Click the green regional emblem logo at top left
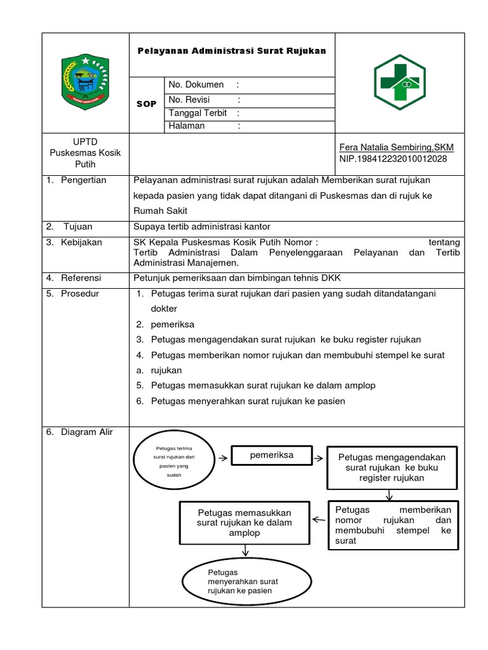point(85,81)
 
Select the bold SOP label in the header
point(146,103)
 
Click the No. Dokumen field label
point(196,84)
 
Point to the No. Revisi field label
point(191,100)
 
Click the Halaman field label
point(187,126)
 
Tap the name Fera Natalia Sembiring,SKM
point(397,147)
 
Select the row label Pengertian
point(84,180)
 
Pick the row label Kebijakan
point(83,242)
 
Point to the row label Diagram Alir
point(86,432)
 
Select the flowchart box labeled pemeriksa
point(271,455)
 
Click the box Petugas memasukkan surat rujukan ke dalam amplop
point(244,522)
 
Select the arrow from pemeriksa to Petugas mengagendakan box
point(319,456)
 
